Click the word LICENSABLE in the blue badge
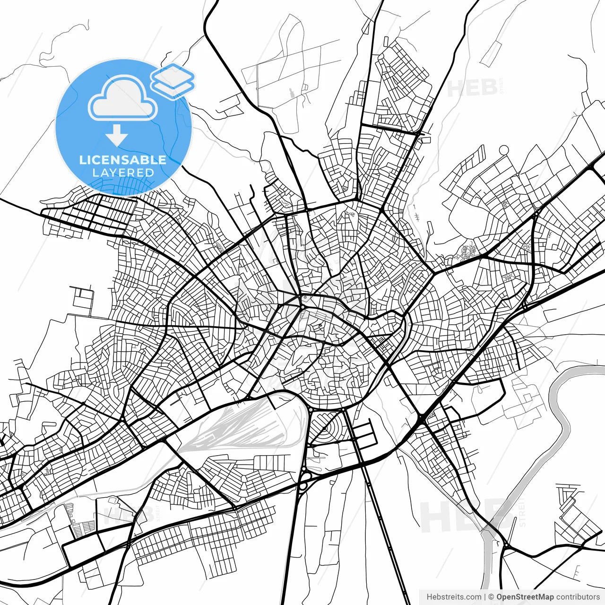coord(122,160)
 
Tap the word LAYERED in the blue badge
coord(123,173)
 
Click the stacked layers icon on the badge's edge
coord(173,80)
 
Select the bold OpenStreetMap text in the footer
coord(525,597)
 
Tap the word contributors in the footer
coord(578,597)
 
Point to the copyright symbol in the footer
coord(491,597)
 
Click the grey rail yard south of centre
coord(236,425)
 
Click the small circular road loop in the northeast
coord(504,150)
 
